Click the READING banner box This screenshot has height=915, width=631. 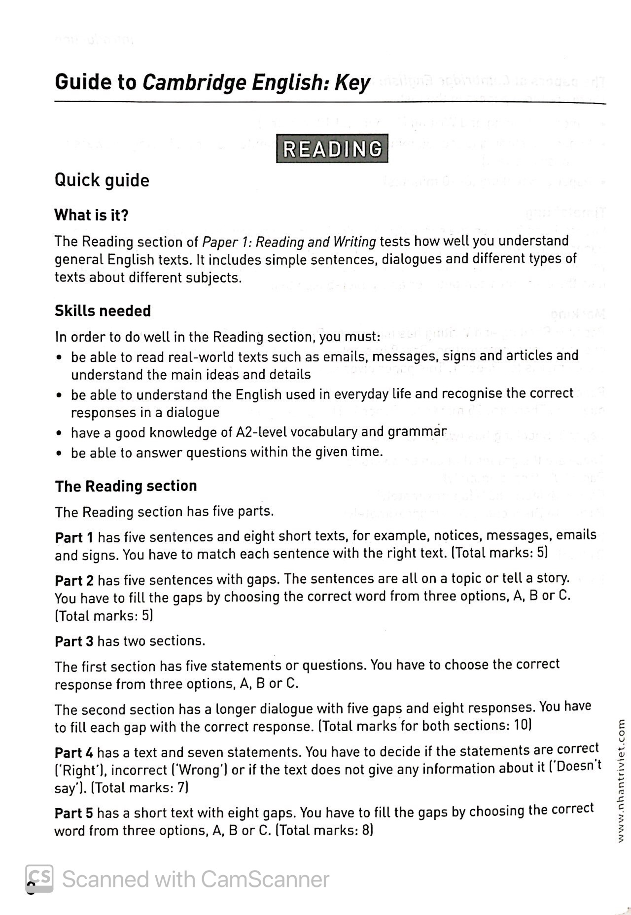click(x=332, y=149)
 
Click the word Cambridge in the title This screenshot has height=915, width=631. click(x=194, y=83)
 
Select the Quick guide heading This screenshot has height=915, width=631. click(x=102, y=180)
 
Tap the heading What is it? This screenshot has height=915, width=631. click(x=91, y=215)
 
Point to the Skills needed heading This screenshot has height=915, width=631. click(x=103, y=311)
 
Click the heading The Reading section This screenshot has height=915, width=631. click(x=126, y=486)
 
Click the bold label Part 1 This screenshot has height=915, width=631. click(x=74, y=537)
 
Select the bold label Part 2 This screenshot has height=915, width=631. click(x=74, y=580)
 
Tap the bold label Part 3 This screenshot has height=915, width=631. click(x=74, y=641)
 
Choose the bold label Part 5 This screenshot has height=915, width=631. click(x=74, y=813)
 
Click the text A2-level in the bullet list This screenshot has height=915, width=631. click(x=262, y=432)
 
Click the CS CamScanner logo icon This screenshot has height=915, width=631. click(x=39, y=879)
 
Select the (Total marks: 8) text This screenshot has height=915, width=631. click(x=324, y=830)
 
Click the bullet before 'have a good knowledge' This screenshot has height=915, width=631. click(x=59, y=434)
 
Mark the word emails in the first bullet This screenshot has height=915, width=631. click(x=345, y=356)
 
